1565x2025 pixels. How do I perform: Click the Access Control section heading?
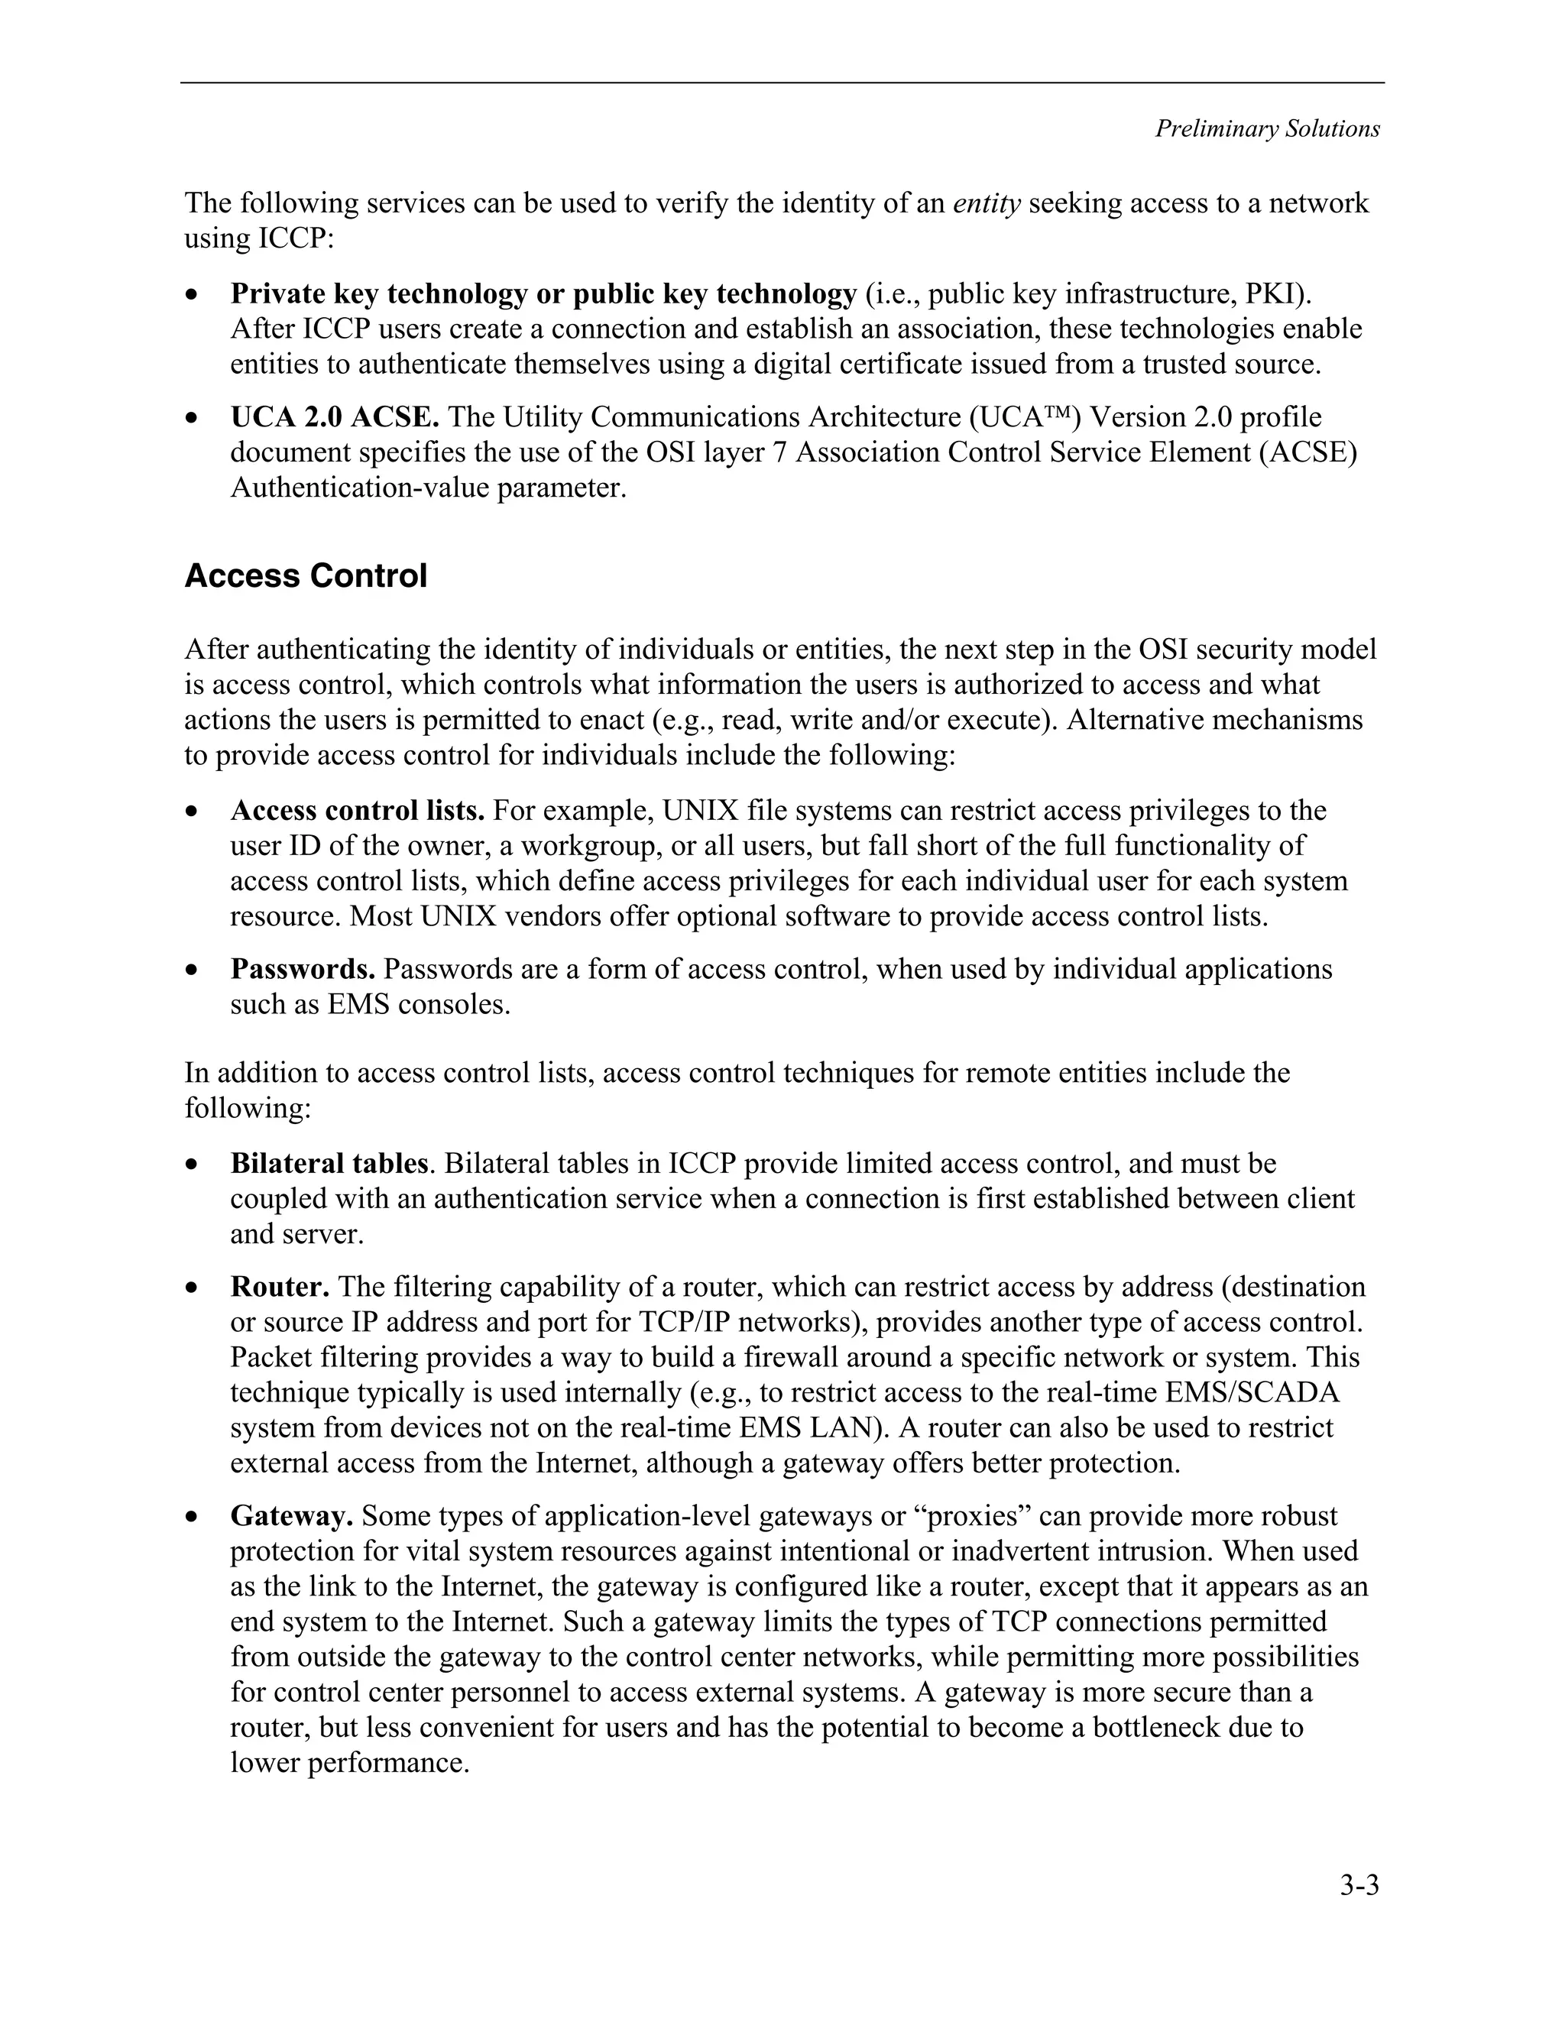pos(305,576)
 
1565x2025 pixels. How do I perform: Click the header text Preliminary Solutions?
pos(1266,129)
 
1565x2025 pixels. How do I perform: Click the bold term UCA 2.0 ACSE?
pos(335,417)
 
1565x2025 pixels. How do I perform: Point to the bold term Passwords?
pos(303,969)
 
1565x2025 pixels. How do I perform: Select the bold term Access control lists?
pos(357,810)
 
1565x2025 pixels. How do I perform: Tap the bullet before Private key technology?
pos(191,296)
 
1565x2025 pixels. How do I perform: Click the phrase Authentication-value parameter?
pos(429,488)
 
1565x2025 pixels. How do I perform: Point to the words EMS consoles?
pos(418,1004)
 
